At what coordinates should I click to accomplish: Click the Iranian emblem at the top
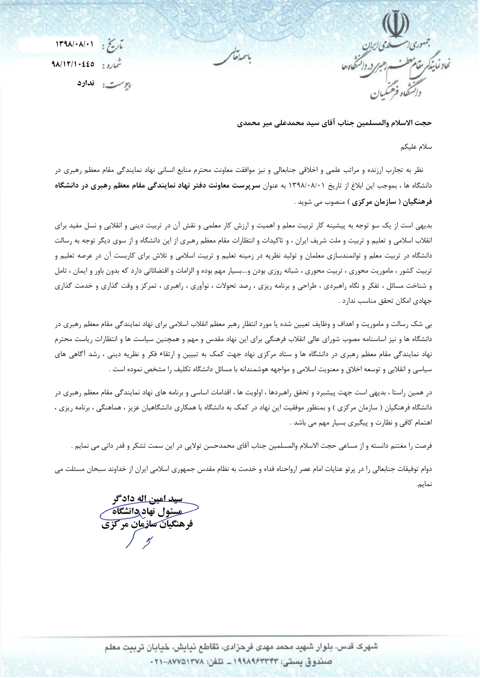point(396,23)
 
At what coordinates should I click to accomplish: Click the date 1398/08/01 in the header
point(75,44)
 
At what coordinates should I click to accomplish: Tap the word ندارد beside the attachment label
point(86,83)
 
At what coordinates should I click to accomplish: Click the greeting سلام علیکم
point(416,147)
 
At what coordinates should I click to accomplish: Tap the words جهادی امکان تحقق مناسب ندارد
point(386,301)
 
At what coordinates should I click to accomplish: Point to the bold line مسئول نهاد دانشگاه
point(147,512)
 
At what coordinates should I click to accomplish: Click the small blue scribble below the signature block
point(147,542)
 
